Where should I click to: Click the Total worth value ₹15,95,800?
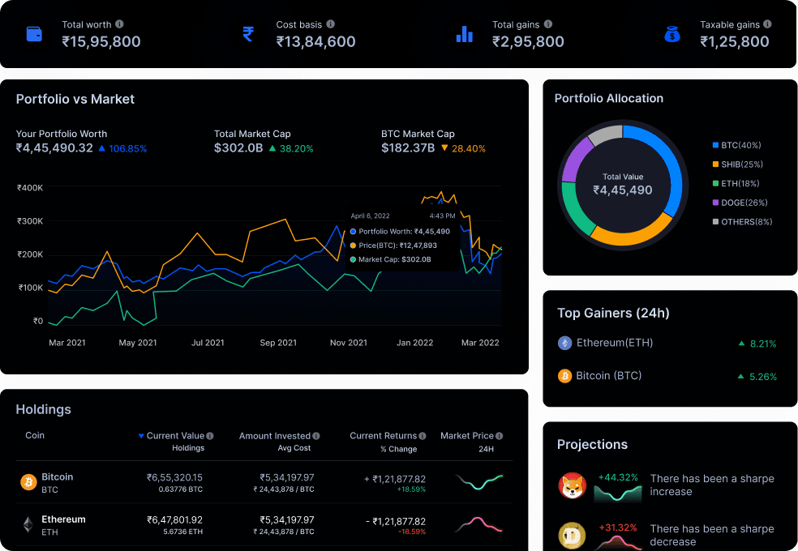pos(101,41)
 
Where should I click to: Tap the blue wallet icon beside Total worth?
pos(34,34)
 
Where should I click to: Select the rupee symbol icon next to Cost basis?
pos(248,34)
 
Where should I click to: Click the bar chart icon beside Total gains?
pos(464,34)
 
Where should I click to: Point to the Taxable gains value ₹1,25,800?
pos(735,41)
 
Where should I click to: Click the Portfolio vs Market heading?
pos(75,99)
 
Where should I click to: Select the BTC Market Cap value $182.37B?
pos(408,148)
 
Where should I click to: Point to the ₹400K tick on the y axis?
pos(30,187)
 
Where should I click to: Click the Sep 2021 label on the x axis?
pos(278,343)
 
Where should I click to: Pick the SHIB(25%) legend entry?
pos(741,164)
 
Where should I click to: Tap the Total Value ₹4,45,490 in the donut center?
pos(622,190)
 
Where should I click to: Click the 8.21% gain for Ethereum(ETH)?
pos(762,344)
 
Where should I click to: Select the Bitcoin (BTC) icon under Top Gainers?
pos(564,376)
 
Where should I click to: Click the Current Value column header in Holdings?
pos(174,436)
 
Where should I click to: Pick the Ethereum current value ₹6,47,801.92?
pos(174,519)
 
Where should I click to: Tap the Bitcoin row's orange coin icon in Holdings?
pos(28,482)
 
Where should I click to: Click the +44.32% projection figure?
pos(617,477)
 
